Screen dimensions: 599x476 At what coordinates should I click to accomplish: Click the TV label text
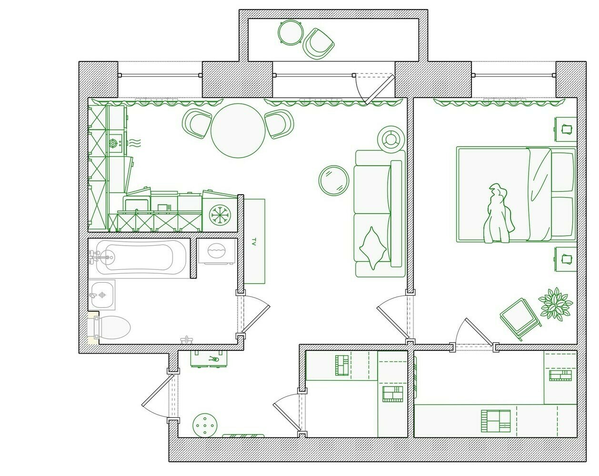(x=253, y=241)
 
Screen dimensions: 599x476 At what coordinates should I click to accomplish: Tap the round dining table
(x=238, y=130)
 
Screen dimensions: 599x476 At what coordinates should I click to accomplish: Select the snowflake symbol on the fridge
(x=220, y=215)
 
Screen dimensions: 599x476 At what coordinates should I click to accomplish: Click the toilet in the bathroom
(x=109, y=327)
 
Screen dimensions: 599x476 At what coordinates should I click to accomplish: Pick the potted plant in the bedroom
(x=556, y=304)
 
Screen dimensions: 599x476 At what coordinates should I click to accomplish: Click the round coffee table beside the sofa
(x=334, y=180)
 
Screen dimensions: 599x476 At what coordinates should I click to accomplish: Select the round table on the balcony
(x=290, y=32)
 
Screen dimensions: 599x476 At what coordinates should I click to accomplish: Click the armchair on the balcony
(x=319, y=44)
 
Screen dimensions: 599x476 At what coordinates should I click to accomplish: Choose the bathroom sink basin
(x=101, y=295)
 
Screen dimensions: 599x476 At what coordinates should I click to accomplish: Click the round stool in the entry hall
(x=205, y=425)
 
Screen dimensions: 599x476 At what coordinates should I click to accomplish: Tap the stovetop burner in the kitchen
(x=113, y=143)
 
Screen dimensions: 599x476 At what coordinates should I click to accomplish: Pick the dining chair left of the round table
(x=197, y=124)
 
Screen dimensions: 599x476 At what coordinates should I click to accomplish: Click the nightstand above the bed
(x=565, y=129)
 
